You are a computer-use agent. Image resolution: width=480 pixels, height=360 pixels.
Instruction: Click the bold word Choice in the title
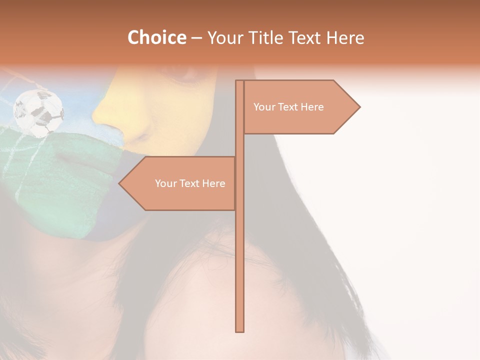(x=156, y=37)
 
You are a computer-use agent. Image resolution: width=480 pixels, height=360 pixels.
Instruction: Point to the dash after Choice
(x=196, y=38)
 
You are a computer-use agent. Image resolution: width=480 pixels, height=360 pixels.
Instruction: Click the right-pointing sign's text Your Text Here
(x=288, y=107)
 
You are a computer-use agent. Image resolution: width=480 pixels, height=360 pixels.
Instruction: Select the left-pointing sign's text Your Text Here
(x=190, y=183)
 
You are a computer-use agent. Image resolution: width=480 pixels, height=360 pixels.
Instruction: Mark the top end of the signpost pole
(x=239, y=81)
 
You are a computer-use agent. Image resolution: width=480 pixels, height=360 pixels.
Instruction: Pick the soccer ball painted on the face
(x=38, y=113)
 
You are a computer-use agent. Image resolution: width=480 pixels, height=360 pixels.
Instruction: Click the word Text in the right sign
(x=288, y=107)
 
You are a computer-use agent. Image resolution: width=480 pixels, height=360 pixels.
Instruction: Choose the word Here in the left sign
(x=213, y=183)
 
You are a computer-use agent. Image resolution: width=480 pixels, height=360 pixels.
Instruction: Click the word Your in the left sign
(x=165, y=183)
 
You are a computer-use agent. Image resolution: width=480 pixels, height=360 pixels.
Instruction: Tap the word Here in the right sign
(x=312, y=107)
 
